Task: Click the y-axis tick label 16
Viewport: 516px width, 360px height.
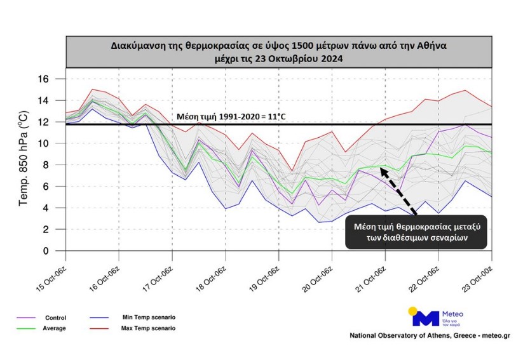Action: click(x=44, y=79)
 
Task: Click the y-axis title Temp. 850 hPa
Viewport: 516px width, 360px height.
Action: click(x=24, y=165)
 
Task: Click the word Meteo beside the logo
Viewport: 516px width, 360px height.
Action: click(x=452, y=314)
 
